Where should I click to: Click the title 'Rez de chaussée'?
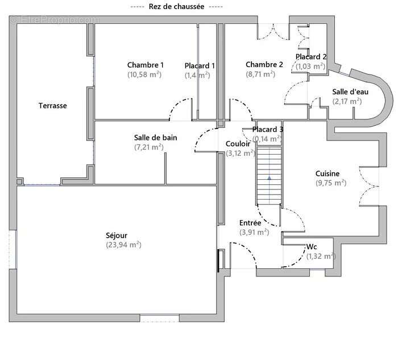[x=176, y=6]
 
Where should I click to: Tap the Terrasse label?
[x=53, y=106]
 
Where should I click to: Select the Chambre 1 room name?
[x=146, y=65]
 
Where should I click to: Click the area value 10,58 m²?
[x=144, y=75]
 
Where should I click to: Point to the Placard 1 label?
[x=200, y=66]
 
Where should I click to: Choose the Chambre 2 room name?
[x=264, y=65]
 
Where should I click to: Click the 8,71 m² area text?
[x=260, y=74]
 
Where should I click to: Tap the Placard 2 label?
[x=311, y=57]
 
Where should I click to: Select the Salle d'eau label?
[x=350, y=92]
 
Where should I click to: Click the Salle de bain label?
[x=156, y=138]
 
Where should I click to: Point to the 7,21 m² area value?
[x=149, y=147]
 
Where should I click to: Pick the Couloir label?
[x=238, y=144]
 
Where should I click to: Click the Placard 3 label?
[x=268, y=130]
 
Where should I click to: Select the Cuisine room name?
[x=328, y=173]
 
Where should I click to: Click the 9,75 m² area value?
[x=331, y=183]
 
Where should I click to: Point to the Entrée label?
[x=250, y=223]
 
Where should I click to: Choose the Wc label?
[x=312, y=247]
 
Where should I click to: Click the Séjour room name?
[x=117, y=235]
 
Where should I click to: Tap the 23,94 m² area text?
[x=123, y=245]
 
